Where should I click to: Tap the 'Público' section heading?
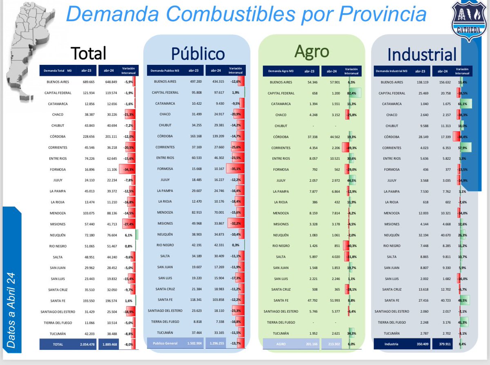pyautogui.click(x=198, y=54)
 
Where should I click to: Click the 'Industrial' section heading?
pyautogui.click(x=422, y=54)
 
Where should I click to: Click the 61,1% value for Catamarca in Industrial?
pyautogui.click(x=463, y=104)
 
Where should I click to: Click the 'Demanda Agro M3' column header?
pyautogui.click(x=281, y=71)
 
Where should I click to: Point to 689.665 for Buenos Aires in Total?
pyautogui.click(x=88, y=82)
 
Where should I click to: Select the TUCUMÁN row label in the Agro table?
pyautogui.click(x=281, y=333)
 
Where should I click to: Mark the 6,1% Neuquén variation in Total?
pyautogui.click(x=129, y=235)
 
